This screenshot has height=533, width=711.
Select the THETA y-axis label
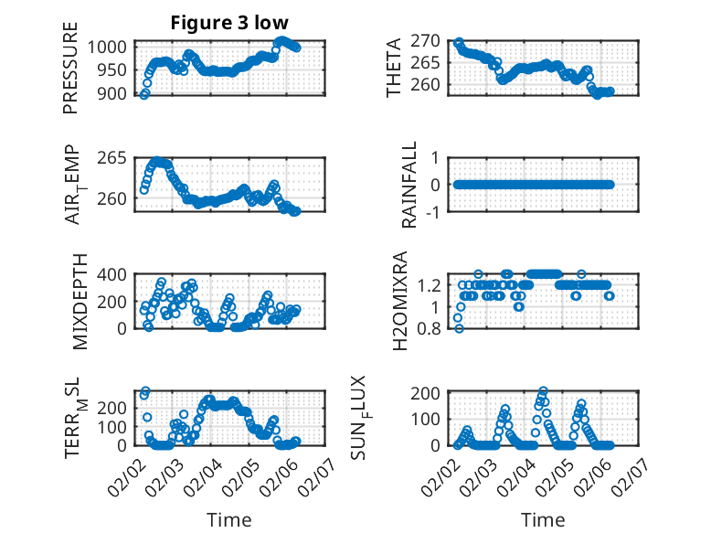coord(394,69)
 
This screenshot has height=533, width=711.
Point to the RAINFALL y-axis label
coord(410,185)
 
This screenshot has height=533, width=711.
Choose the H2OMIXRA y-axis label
coord(399,300)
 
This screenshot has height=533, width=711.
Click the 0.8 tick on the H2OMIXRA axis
coord(432,329)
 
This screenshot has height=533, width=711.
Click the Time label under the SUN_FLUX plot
coord(543,519)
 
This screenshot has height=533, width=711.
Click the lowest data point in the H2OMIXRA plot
coord(459,328)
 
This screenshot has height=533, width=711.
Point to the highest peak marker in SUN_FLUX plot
coord(544,391)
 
